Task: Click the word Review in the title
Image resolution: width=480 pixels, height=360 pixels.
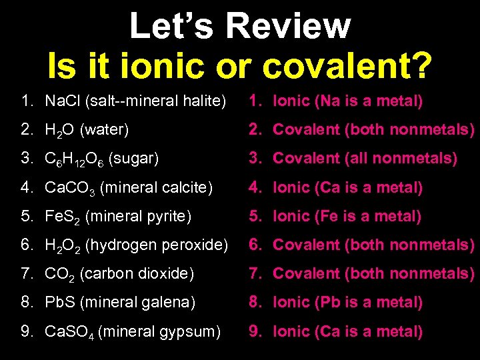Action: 288,27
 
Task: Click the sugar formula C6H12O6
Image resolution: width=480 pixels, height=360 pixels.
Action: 73,160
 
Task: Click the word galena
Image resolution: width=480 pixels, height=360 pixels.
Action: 172,303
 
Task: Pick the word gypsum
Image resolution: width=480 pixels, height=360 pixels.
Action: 195,331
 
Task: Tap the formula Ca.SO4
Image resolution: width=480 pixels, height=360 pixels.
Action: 69,332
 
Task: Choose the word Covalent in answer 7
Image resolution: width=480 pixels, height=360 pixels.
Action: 307,273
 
